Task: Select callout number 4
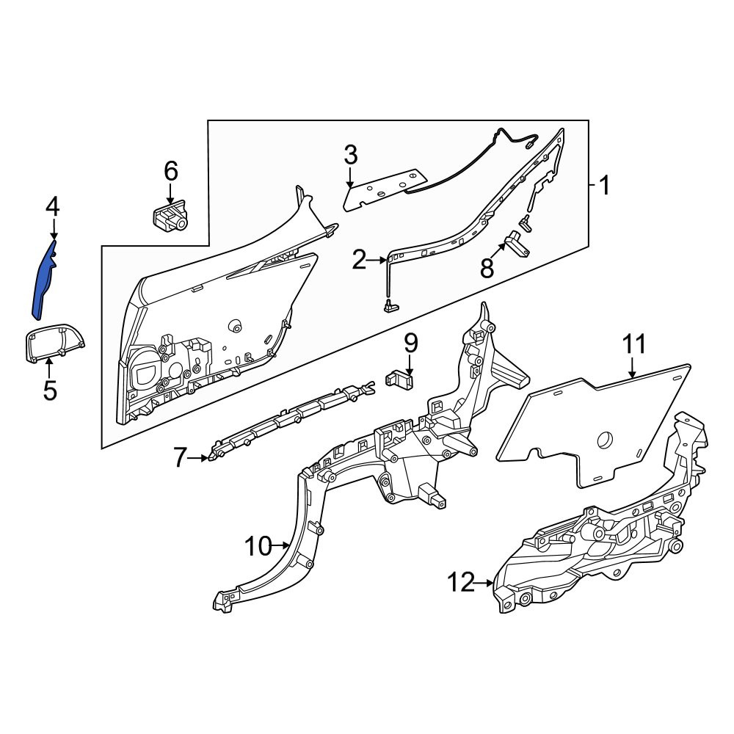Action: click(52, 207)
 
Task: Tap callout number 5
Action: click(50, 390)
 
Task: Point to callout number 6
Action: click(171, 171)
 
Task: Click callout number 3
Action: click(351, 156)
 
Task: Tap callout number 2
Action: click(359, 261)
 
